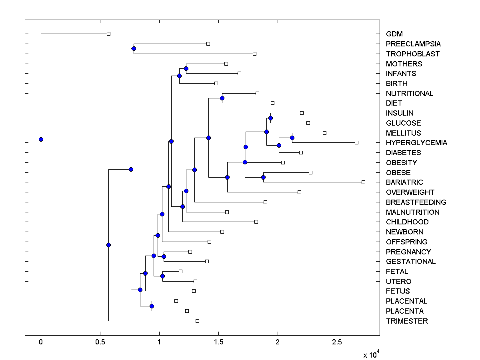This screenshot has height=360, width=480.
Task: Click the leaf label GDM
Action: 394,34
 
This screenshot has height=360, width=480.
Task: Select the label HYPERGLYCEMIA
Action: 416,143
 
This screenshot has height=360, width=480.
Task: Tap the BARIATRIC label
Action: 404,182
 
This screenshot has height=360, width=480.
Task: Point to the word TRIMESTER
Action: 407,321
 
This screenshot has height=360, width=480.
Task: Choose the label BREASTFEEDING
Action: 416,202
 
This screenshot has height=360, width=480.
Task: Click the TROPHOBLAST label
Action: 413,54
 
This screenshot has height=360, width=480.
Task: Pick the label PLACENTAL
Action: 406,301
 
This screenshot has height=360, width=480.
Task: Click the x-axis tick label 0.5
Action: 100,342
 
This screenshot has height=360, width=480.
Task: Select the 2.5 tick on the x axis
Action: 337,342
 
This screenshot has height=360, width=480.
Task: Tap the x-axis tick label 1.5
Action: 218,342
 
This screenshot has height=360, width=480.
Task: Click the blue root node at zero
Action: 41,139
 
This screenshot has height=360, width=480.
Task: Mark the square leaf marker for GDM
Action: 108,34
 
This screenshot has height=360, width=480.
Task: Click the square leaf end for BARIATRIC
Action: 363,182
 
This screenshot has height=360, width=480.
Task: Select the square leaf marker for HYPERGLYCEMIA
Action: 356,142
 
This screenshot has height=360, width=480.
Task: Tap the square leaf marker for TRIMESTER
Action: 197,321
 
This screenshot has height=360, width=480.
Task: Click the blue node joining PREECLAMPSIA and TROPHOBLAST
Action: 134,48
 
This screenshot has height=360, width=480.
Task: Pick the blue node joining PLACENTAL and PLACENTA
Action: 152,306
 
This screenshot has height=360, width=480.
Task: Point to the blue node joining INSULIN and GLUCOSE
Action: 270,118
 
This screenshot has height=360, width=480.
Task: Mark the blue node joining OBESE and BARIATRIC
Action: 263,177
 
